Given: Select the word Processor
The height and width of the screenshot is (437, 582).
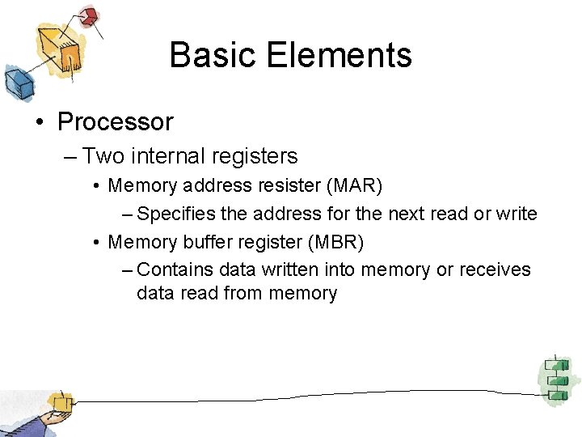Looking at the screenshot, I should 116,122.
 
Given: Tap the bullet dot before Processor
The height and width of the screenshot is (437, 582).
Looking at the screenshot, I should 39,123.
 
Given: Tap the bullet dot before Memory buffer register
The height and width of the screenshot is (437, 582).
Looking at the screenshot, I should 96,242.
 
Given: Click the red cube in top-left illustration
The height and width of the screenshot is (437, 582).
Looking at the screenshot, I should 89,15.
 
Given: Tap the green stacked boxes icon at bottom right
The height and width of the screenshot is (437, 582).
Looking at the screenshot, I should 555,377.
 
